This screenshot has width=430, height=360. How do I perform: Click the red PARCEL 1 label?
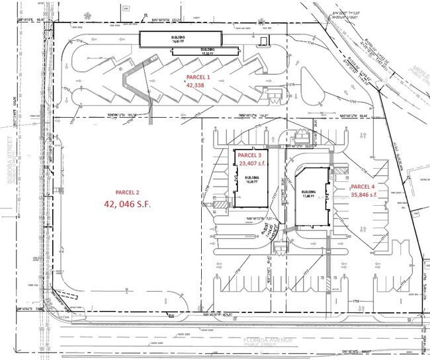click(x=200, y=77)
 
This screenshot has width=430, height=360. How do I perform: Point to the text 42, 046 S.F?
click(x=127, y=204)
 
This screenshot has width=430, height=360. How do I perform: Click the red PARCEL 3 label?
click(x=251, y=154)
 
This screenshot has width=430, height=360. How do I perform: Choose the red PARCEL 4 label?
click(x=364, y=187)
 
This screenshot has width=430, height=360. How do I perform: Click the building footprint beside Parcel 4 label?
click(x=312, y=197)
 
